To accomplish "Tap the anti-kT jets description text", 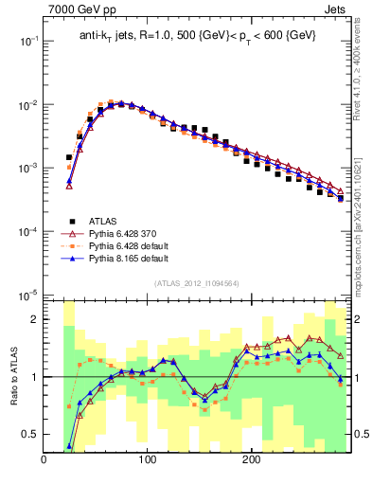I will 196,36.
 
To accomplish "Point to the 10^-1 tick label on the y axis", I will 27,42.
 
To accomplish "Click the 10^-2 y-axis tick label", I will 27,105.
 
